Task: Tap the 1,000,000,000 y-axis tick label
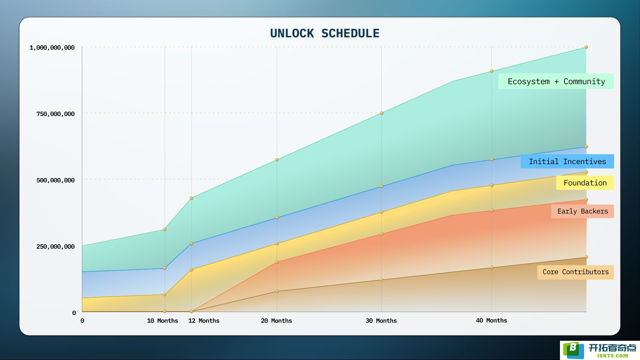click(52, 48)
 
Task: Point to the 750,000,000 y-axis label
click(55, 114)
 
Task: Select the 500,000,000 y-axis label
click(55, 180)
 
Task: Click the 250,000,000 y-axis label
click(55, 246)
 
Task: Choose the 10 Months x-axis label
click(162, 321)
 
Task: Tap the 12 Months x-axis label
click(204, 321)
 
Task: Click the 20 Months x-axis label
click(276, 321)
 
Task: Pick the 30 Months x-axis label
click(381, 321)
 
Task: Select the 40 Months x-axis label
click(491, 320)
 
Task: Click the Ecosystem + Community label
click(556, 81)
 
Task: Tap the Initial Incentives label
click(567, 161)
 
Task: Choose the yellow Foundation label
click(585, 183)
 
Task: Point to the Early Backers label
click(583, 211)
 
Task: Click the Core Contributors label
click(576, 272)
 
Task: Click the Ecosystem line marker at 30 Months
click(382, 113)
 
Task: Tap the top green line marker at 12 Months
click(191, 198)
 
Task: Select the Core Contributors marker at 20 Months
click(277, 291)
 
